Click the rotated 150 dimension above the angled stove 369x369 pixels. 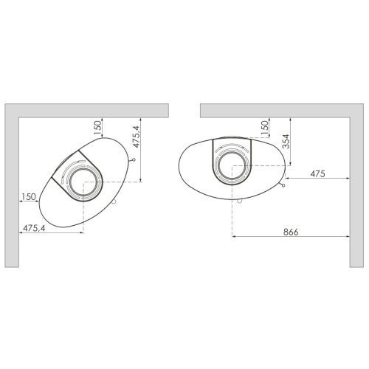tap(97, 127)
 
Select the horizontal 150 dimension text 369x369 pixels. tap(29, 197)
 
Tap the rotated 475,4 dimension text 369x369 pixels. tap(136, 137)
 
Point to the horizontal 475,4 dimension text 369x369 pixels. tap(34, 229)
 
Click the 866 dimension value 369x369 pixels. tap(291, 232)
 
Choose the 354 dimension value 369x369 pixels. tap(286, 142)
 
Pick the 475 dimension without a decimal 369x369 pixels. tap(317, 173)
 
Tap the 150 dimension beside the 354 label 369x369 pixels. tap(265, 127)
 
